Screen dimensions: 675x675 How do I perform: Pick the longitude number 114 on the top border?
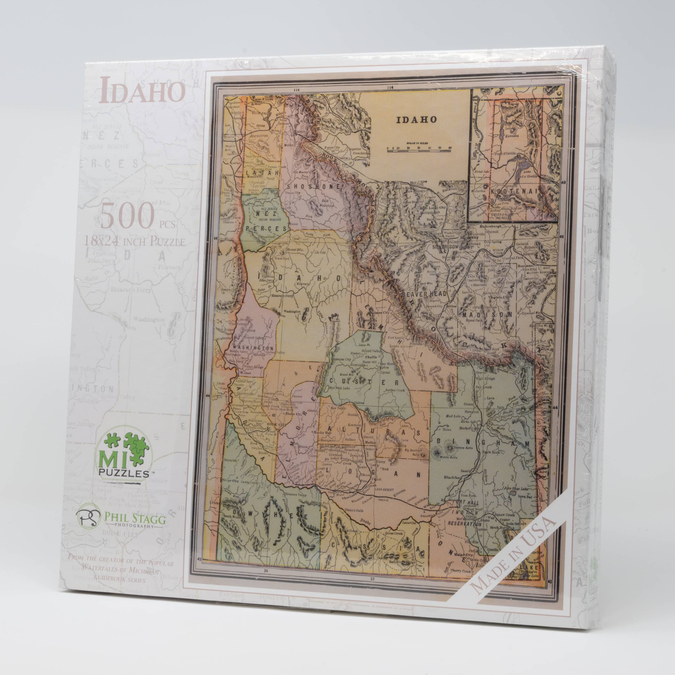pos(390,87)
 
